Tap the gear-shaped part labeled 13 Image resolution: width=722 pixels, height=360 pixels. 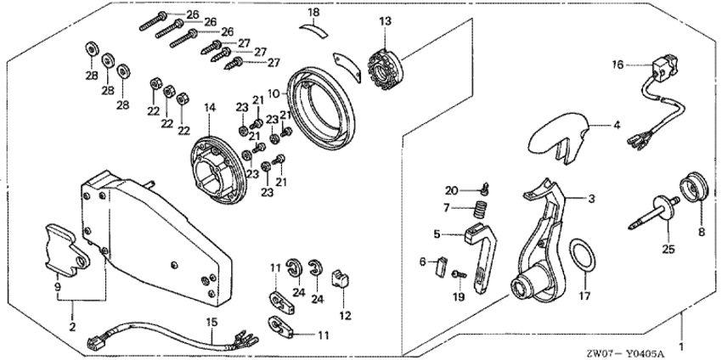386,62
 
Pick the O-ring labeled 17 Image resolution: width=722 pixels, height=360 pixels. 581,256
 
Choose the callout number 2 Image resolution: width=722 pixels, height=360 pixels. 72,326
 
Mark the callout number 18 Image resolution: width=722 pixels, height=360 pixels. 313,13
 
